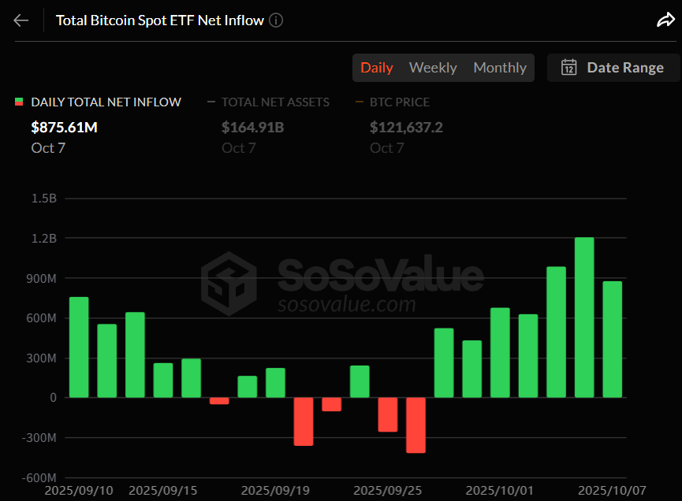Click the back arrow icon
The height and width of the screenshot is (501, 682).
(20, 20)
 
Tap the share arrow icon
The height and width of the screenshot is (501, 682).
(665, 20)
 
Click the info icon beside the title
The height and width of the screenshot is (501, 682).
(276, 20)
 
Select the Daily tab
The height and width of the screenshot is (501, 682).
(377, 68)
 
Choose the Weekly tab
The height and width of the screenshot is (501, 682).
(433, 68)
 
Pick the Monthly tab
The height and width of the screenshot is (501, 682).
(500, 68)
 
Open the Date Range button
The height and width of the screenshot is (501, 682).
(613, 68)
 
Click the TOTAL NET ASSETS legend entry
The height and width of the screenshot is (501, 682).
(275, 102)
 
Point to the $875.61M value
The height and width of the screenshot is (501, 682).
(65, 127)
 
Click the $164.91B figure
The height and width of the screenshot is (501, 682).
(252, 127)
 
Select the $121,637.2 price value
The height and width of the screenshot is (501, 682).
(406, 127)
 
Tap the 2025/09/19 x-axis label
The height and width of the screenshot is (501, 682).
(275, 491)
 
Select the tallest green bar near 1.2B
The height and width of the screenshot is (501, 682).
(584, 317)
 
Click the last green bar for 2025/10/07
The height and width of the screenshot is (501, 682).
(613, 340)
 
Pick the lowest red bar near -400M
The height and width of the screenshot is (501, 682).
(416, 425)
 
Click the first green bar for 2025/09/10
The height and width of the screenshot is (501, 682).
(79, 347)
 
